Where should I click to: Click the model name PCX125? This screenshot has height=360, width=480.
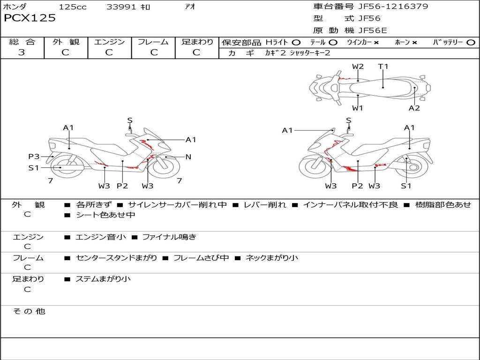(30, 18)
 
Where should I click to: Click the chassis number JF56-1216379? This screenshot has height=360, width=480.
(393, 7)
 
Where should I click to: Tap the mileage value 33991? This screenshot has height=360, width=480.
(121, 7)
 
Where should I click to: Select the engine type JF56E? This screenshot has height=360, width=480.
(373, 30)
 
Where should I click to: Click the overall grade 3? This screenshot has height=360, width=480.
(22, 52)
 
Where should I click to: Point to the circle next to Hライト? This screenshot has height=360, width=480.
(296, 43)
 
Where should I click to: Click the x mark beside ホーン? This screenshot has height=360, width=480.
(414, 43)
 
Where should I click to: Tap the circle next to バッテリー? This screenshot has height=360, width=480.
(471, 43)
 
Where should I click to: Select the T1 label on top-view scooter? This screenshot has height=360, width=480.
(383, 67)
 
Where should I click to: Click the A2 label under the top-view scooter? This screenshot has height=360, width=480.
(414, 108)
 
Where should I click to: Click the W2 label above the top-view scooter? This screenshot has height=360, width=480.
(358, 67)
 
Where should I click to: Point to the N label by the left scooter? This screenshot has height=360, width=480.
(188, 157)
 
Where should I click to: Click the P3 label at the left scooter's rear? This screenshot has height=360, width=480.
(34, 157)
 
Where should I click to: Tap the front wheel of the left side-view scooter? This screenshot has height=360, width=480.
(165, 168)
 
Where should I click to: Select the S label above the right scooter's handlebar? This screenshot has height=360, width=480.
(348, 120)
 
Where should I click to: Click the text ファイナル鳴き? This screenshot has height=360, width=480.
(169, 237)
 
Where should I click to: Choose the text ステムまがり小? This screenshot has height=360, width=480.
(103, 279)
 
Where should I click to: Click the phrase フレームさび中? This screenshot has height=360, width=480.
(201, 258)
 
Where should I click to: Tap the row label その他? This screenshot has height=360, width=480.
(29, 311)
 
